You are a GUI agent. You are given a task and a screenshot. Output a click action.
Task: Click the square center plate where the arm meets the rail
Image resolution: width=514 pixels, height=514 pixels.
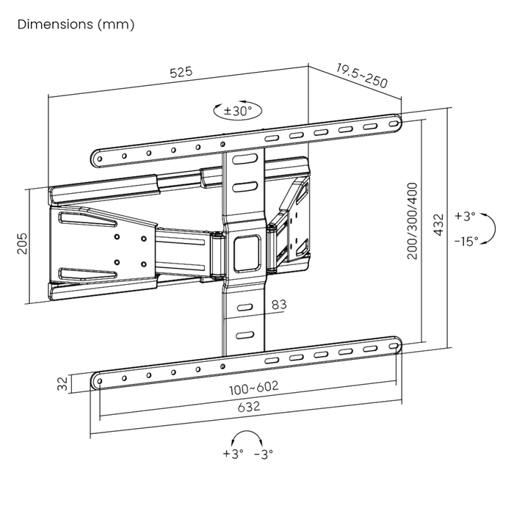coord(245,251)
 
